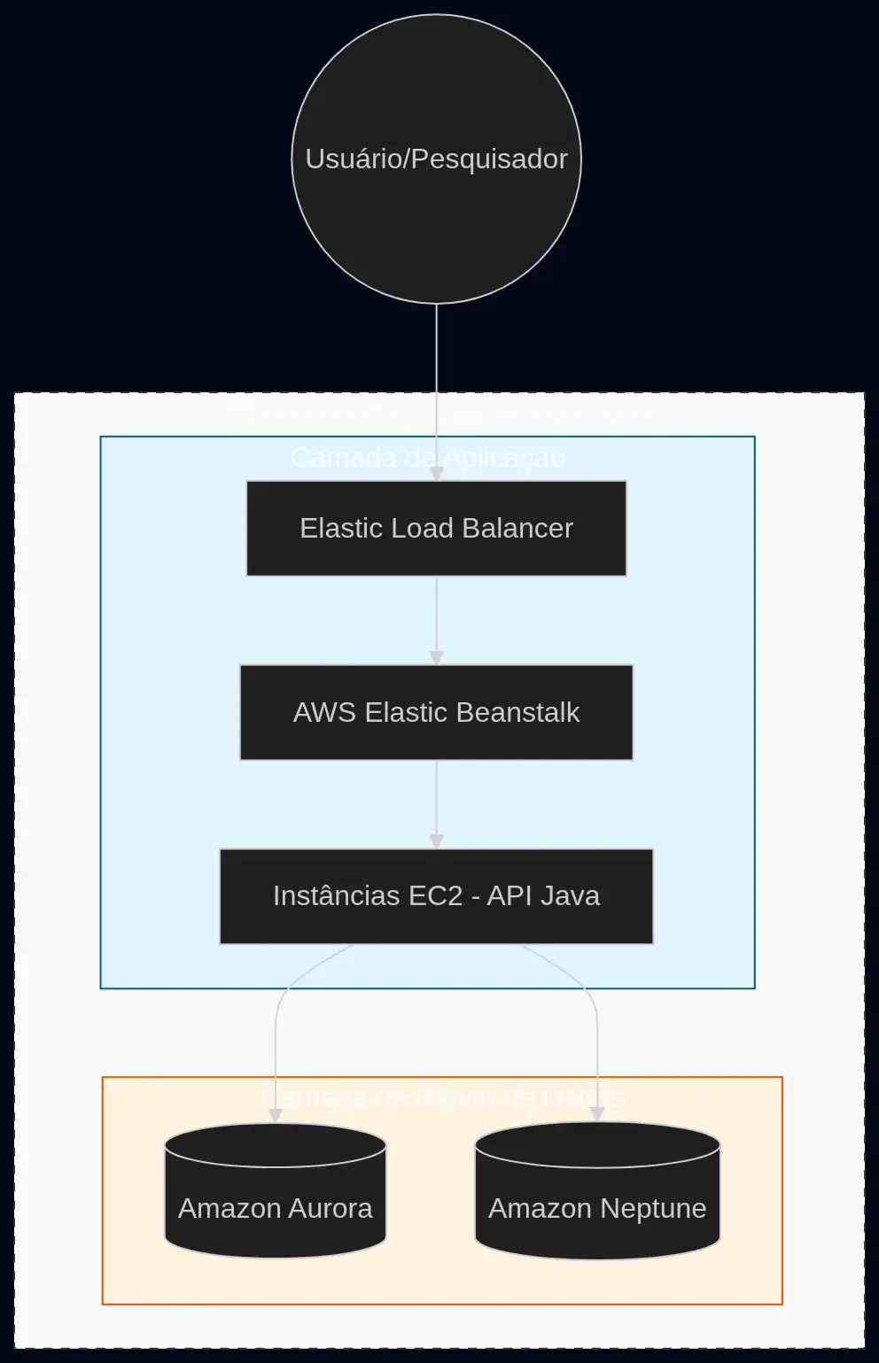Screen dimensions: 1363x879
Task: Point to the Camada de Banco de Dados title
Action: coord(442,1098)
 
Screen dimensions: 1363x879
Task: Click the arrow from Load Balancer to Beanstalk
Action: coord(436,620)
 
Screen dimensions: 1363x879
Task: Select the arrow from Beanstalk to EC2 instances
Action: coord(436,803)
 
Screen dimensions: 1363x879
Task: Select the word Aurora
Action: coord(330,1208)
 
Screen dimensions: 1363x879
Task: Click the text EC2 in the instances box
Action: coord(435,895)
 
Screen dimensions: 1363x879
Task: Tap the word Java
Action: coord(571,895)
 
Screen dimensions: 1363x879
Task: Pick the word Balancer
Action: coord(517,528)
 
